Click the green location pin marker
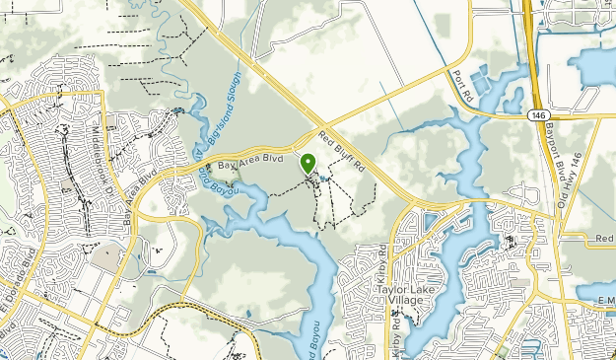click(308, 164)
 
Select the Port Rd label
click(459, 87)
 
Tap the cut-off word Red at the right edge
click(603, 238)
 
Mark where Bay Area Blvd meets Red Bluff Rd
click(319, 132)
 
